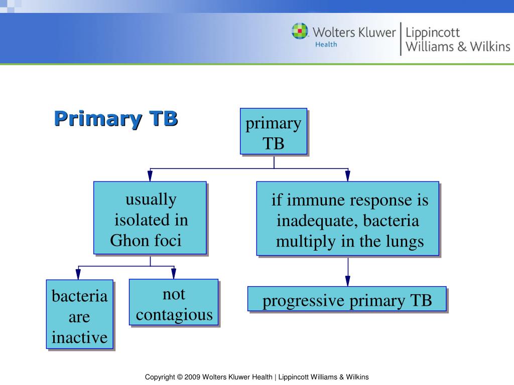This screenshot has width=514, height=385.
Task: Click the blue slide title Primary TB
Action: [115, 119]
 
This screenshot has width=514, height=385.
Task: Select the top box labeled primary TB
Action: [274, 131]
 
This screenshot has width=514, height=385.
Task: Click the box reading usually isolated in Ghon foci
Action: [150, 218]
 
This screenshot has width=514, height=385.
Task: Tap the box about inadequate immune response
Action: [347, 219]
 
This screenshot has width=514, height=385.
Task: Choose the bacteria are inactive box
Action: [80, 314]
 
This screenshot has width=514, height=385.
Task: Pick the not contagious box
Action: [174, 303]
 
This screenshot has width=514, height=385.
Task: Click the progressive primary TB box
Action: [347, 299]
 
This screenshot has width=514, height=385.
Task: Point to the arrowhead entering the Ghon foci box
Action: [150, 176]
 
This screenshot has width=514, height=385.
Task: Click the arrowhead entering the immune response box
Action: [347, 176]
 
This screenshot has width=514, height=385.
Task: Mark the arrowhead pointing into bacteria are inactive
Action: [78, 274]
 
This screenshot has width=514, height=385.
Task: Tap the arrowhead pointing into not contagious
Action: [174, 274]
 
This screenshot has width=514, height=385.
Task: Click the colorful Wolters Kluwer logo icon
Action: [300, 31]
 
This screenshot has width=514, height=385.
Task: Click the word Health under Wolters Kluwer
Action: [326, 44]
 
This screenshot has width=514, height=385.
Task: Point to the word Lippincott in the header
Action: [432, 33]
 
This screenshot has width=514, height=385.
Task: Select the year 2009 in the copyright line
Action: [193, 377]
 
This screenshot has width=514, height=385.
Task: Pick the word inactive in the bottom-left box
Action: [80, 337]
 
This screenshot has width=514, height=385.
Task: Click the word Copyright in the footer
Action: [160, 377]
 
